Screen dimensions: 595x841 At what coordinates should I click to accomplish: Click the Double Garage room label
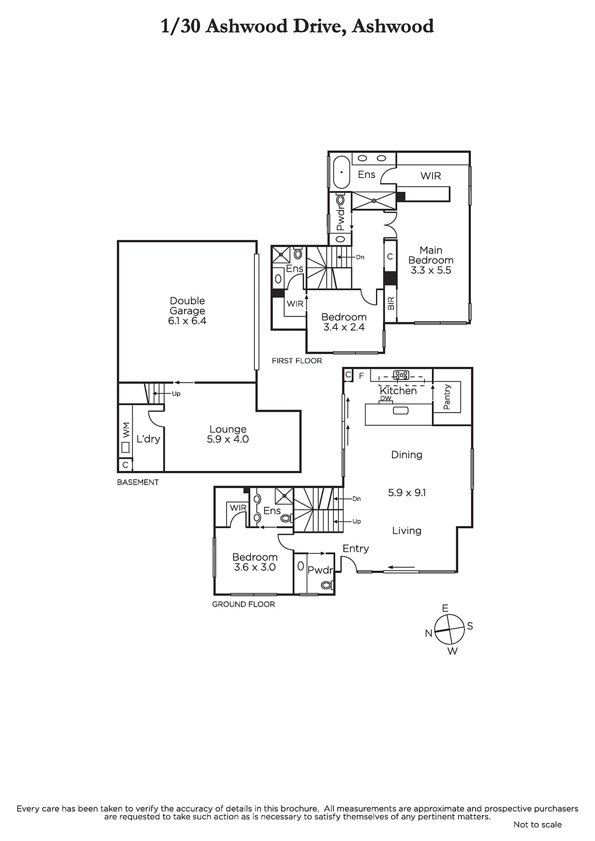tap(187, 311)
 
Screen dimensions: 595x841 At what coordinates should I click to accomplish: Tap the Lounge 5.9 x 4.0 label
tap(228, 434)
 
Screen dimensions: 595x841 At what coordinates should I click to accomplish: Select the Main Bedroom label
tap(431, 260)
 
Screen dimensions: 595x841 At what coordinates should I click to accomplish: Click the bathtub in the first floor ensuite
tap(341, 172)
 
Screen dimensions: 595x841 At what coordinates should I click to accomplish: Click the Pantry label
tap(447, 396)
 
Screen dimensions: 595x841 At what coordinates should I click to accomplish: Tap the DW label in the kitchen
tap(386, 398)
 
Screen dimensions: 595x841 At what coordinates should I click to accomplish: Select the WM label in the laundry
tap(126, 429)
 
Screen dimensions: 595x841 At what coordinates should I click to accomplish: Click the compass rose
tap(450, 630)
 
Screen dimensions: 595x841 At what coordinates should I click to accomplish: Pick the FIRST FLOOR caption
tap(297, 361)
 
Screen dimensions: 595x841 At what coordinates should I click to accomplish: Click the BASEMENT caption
tap(137, 482)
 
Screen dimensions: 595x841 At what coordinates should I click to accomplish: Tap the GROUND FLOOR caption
tap(244, 604)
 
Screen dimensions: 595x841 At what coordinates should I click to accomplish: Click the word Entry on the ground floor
tap(356, 549)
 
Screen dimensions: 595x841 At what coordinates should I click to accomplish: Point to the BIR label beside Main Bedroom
tap(390, 303)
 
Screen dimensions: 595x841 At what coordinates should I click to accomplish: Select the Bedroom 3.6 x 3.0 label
tap(255, 562)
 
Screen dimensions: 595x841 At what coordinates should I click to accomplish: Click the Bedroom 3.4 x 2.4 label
tap(344, 322)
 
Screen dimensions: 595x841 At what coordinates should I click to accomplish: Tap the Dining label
tap(407, 455)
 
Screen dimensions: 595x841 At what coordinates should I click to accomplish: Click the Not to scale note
tap(538, 825)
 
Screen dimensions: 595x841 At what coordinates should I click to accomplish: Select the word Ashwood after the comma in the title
tap(392, 26)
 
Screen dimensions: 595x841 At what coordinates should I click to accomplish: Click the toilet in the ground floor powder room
tap(327, 584)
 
